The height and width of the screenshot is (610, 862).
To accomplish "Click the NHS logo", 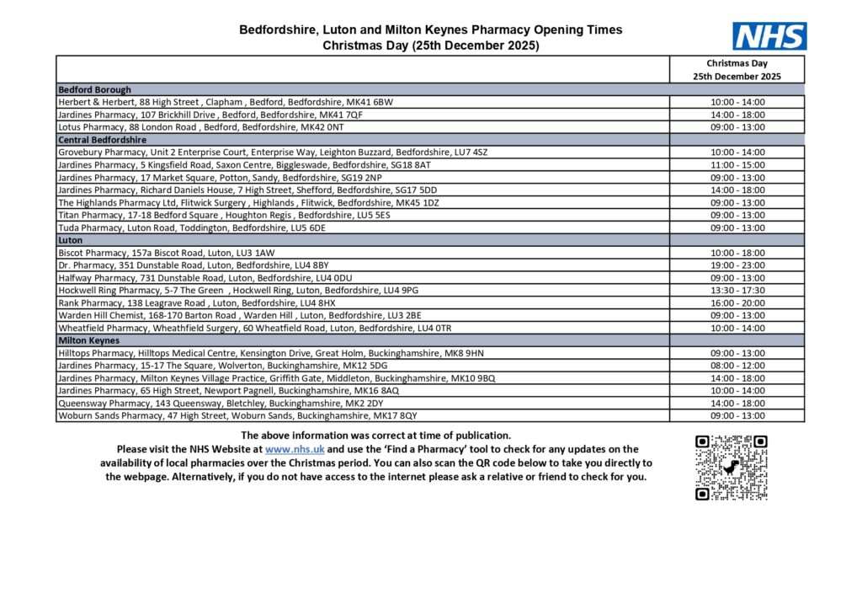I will [x=769, y=36].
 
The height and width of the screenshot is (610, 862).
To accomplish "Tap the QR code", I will [x=731, y=468].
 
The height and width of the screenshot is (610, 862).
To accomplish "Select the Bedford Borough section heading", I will [x=94, y=89].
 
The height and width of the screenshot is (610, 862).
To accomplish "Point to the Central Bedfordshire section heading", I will [x=102, y=139].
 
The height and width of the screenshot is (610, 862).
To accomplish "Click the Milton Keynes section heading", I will [x=88, y=340].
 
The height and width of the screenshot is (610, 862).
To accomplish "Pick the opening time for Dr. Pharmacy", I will [x=737, y=265].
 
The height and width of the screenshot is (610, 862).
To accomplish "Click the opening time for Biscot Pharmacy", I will [x=737, y=253].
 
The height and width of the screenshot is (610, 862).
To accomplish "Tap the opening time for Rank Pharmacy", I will [x=737, y=302].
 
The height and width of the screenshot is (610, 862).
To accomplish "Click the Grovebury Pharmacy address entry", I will [x=272, y=152].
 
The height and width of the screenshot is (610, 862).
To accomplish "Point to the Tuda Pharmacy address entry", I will [x=191, y=227].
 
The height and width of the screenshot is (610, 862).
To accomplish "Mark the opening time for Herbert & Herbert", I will [x=737, y=102].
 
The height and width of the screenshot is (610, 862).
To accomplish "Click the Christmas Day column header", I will [x=737, y=69].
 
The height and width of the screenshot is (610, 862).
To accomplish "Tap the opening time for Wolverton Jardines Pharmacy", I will [x=737, y=366].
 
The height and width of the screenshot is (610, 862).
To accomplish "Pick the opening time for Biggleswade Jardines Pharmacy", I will [x=737, y=165].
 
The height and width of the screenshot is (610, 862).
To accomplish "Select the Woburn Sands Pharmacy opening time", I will [x=737, y=415].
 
